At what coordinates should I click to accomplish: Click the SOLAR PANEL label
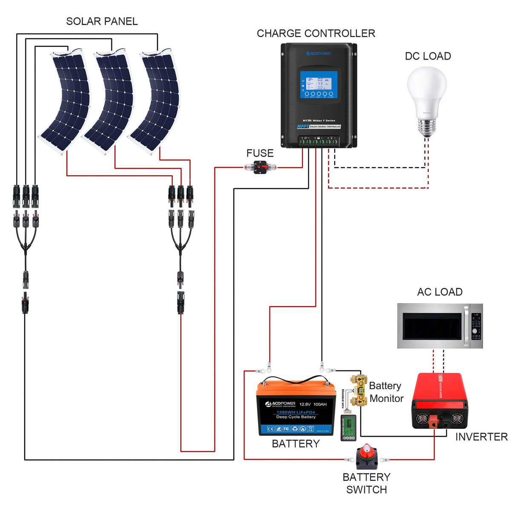[x=102, y=21]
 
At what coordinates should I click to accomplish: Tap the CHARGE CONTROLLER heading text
[x=316, y=33]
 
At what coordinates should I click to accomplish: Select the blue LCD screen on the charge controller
[x=319, y=84]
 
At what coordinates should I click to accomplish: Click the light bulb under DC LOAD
[x=427, y=100]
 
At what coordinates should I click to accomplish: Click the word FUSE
[x=260, y=153]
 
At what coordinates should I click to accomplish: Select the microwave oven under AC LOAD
[x=440, y=326]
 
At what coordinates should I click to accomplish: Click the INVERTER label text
[x=481, y=437]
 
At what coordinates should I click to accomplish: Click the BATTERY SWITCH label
[x=366, y=483]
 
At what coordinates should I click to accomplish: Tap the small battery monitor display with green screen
[x=348, y=428]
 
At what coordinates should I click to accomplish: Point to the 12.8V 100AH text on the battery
[x=313, y=404]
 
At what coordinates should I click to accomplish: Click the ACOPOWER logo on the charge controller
[x=319, y=54]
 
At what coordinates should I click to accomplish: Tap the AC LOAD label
[x=439, y=292]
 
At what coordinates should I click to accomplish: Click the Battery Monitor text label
[x=386, y=392]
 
